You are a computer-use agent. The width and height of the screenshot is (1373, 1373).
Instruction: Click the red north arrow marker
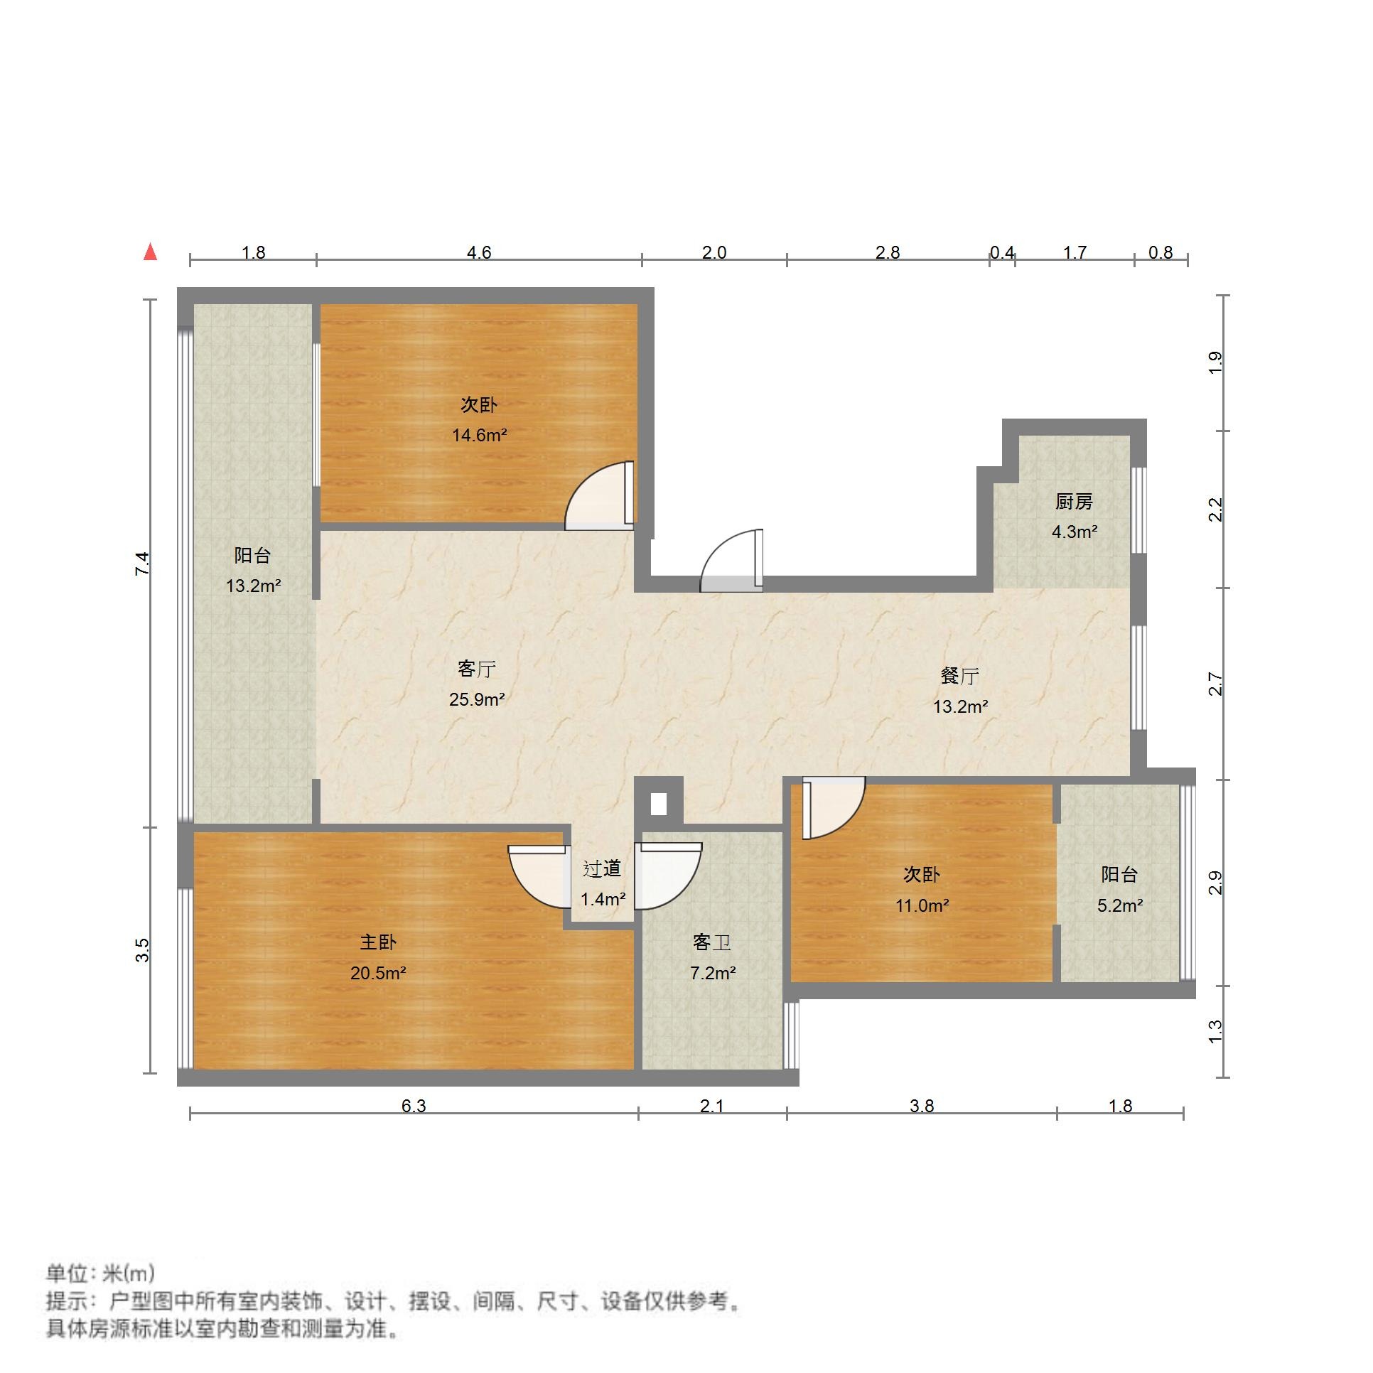[150, 252]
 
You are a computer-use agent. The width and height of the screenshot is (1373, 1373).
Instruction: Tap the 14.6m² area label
[480, 435]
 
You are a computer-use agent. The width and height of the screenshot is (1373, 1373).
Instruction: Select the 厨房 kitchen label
[1074, 502]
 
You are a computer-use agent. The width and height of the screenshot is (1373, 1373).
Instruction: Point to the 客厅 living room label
[477, 669]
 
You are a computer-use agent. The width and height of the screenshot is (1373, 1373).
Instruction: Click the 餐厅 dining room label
[960, 676]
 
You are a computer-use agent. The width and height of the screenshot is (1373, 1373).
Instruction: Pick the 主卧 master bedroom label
[378, 942]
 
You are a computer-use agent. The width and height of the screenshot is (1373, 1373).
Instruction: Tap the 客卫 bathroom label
[712, 942]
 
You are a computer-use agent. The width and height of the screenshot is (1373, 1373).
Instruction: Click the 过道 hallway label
[602, 868]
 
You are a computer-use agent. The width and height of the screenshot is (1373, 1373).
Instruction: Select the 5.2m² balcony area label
[1120, 905]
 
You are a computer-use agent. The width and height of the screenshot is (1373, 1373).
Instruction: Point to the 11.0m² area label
[922, 905]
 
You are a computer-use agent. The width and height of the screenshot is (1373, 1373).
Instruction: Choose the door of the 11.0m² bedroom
[832, 807]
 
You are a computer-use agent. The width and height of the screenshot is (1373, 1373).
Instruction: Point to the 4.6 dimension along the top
[479, 253]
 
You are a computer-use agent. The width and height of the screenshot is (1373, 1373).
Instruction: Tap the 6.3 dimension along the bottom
[414, 1106]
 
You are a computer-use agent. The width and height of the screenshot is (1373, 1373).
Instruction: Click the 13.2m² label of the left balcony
[254, 586]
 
